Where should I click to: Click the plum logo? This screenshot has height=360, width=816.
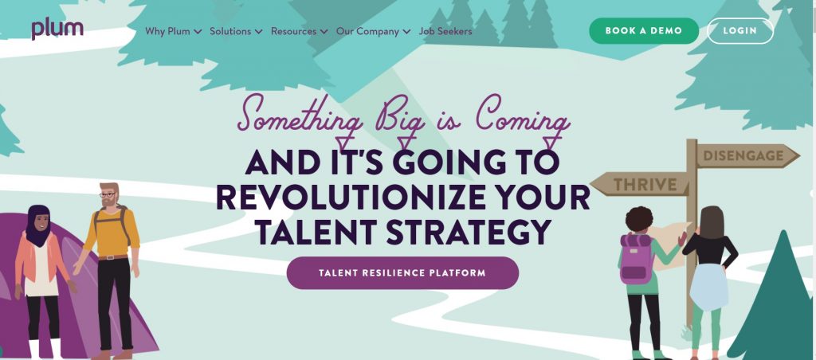[57, 29]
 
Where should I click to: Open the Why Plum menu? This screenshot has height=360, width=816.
[173, 31]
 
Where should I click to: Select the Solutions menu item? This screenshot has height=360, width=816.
[236, 31]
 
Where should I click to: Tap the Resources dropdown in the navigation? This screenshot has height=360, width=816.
[300, 31]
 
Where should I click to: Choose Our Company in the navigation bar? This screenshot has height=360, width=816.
[373, 31]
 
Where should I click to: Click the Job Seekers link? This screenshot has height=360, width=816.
[445, 31]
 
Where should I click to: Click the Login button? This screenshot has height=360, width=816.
[740, 31]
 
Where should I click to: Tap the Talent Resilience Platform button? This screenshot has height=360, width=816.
[402, 272]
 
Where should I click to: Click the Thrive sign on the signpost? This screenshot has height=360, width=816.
[640, 184]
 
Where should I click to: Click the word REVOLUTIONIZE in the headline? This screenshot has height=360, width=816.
[351, 198]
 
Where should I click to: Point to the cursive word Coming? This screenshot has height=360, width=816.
[522, 118]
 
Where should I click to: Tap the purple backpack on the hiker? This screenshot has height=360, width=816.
[637, 259]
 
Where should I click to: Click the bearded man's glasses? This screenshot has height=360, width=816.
[108, 195]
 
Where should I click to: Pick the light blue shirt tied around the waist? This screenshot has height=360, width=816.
[708, 287]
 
